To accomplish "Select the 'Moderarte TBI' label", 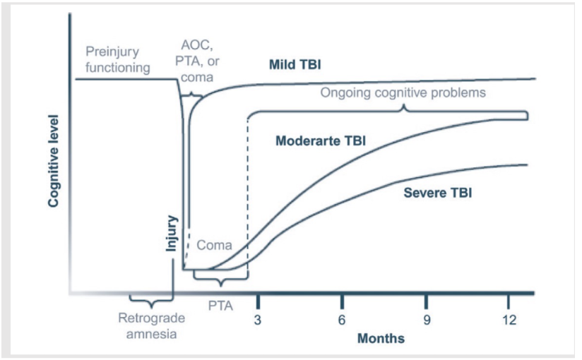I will click(x=320, y=140).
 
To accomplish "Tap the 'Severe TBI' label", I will click(x=438, y=192).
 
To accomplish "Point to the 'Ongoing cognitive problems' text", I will click(x=403, y=92).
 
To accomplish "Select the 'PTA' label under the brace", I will click(x=221, y=306).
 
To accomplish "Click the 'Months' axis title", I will click(x=381, y=338).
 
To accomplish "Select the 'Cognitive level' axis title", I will click(x=53, y=162).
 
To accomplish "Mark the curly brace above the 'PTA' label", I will click(x=221, y=283).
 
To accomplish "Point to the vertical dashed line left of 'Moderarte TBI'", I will click(x=248, y=191).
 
